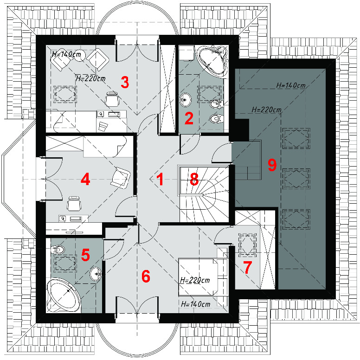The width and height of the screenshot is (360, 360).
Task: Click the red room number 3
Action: click(125, 83)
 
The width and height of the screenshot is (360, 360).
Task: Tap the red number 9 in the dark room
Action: click(272, 165)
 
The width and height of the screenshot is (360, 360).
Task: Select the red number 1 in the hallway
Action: click(160, 180)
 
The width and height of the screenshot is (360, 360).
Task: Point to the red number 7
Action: click(248, 268)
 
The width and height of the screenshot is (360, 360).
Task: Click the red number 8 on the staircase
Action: click(194, 180)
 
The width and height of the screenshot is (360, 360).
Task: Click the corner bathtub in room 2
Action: click(213, 60)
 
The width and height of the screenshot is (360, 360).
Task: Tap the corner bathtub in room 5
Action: click(64, 296)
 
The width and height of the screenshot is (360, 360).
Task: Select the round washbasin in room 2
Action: click(185, 100)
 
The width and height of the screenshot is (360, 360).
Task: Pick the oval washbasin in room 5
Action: click(96, 274)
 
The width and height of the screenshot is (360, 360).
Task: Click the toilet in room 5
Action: click(58, 249)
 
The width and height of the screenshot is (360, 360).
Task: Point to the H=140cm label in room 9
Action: click(291, 85)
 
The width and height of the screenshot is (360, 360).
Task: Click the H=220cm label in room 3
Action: click(90, 79)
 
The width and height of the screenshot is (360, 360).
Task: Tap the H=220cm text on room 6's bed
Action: click(195, 280)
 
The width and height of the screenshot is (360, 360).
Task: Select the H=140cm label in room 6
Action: click(196, 304)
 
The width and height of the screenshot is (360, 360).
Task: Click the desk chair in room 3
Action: click(112, 99)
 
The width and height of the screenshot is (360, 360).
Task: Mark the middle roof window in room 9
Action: click(296, 179)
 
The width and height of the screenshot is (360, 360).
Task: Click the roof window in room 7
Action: click(248, 245)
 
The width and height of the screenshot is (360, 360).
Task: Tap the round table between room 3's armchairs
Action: click(80, 55)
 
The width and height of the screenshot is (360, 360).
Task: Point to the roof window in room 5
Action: click(65, 263)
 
